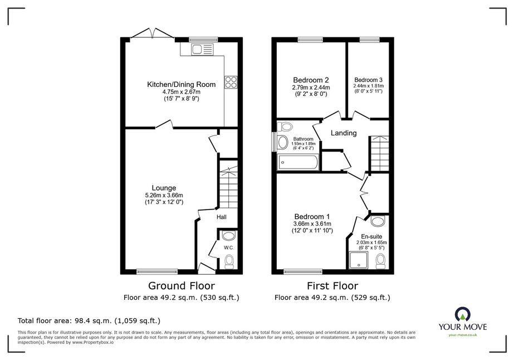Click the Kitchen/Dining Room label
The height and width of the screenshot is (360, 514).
[182, 84]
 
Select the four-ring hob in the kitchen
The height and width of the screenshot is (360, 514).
[231, 82]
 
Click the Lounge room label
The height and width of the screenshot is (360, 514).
[164, 188]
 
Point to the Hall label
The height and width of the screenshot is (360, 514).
[221, 217]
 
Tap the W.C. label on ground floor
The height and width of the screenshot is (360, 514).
[229, 248]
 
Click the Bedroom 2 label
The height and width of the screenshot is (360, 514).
[311, 80]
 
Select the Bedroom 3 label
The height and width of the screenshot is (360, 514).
[368, 80]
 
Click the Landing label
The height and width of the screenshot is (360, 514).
[344, 133]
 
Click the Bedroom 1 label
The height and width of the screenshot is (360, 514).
[312, 217]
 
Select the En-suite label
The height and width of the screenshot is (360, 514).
[371, 237]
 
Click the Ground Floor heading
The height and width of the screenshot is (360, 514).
[182, 286]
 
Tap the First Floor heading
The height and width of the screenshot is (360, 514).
[332, 286]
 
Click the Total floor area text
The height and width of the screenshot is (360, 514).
[89, 320]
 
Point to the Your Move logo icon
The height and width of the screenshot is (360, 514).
[463, 315]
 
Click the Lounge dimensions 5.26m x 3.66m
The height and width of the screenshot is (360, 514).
[164, 195]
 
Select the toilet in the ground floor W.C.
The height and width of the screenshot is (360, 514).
[229, 262]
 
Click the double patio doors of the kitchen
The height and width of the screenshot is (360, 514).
[153, 33]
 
